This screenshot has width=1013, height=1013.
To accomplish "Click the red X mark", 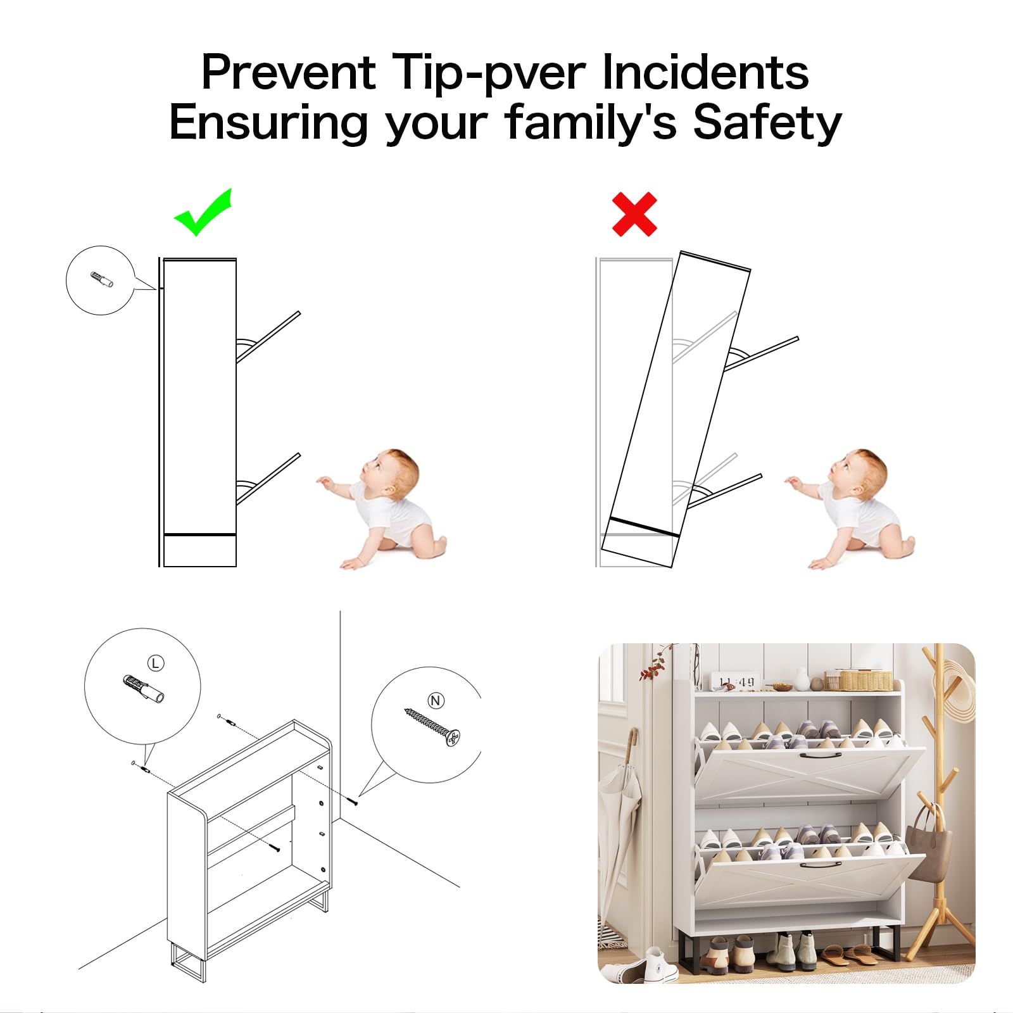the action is click(634, 215).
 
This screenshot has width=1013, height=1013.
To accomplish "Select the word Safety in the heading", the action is click(767, 122).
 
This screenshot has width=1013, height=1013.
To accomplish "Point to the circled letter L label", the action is click(156, 663).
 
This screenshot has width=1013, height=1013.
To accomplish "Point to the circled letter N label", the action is click(436, 700).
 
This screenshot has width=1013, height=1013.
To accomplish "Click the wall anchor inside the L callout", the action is click(144, 689).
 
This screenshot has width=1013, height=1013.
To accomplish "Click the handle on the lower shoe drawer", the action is click(821, 864).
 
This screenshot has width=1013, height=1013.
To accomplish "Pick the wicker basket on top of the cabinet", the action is click(859, 679).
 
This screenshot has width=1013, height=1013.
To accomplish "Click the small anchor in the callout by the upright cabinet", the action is click(102, 280).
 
